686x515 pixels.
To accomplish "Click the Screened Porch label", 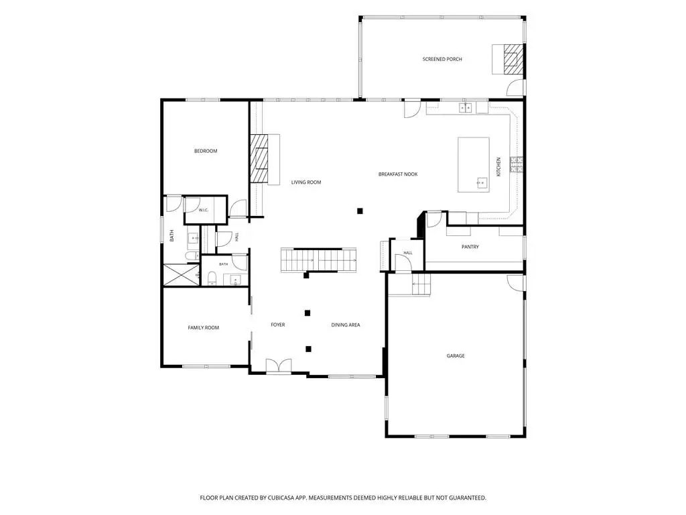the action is (x=442, y=59).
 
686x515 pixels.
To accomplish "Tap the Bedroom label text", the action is (x=206, y=151).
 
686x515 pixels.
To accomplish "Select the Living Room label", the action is (x=306, y=182).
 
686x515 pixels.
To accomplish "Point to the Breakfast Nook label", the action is (x=398, y=174).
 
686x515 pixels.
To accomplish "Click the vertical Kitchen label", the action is (x=498, y=167).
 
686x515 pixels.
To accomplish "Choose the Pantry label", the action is (x=470, y=247).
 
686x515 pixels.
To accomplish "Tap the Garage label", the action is (x=456, y=356).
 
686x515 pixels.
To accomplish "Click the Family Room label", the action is (x=204, y=327).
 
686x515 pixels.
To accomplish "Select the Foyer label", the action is (x=278, y=325).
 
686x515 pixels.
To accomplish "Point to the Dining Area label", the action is (x=346, y=325).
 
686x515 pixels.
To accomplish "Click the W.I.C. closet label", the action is (x=204, y=210).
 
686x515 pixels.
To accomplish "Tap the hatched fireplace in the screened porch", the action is (x=512, y=59).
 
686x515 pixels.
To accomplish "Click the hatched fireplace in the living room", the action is (x=259, y=158).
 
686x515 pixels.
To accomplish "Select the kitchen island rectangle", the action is (x=474, y=165).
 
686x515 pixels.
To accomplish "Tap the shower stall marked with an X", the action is (x=182, y=275).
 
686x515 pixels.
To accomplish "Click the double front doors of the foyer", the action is (x=279, y=366).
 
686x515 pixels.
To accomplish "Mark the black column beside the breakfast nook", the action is (x=360, y=211).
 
